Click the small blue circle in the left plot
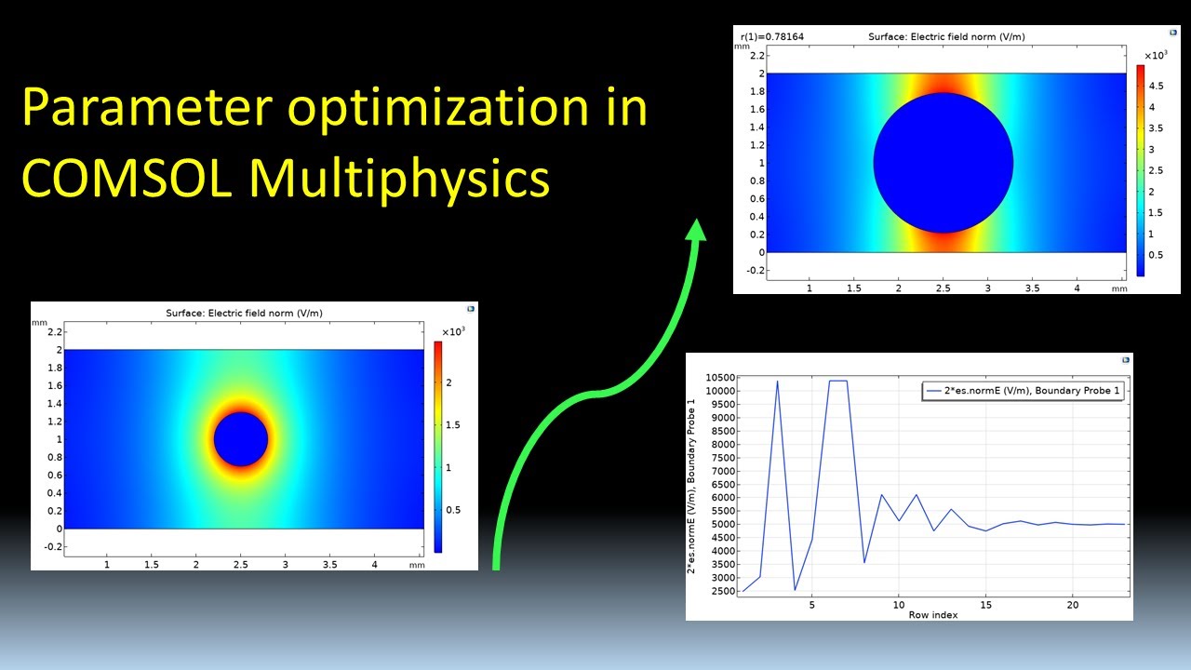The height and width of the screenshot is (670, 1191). pyautogui.click(x=241, y=439)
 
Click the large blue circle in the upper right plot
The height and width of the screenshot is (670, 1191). pyautogui.click(x=943, y=163)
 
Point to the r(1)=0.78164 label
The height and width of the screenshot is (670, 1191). pyautogui.click(x=772, y=37)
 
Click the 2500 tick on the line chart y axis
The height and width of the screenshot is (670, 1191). pyautogui.click(x=721, y=591)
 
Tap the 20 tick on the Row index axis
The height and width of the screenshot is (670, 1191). pyautogui.click(x=1072, y=605)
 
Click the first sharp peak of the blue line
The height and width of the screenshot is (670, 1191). pyautogui.click(x=777, y=382)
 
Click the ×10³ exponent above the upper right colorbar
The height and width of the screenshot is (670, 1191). pyautogui.click(x=1155, y=55)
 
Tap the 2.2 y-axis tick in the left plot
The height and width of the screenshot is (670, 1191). pyautogui.click(x=54, y=332)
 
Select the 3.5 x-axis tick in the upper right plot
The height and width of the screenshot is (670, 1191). pyautogui.click(x=1033, y=288)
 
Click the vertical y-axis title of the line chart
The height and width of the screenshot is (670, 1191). pyautogui.click(x=692, y=486)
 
